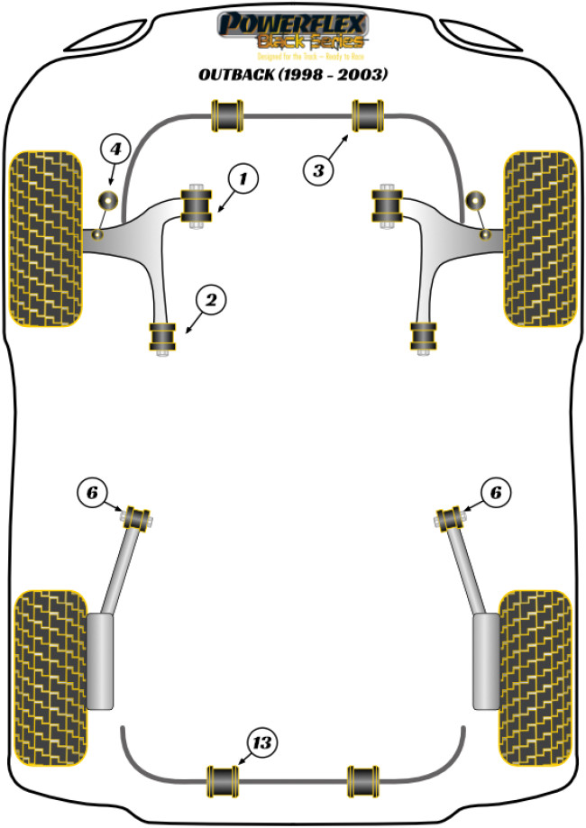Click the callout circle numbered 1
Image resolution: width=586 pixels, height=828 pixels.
point(241,179)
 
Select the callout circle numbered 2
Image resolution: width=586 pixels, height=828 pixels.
point(208,301)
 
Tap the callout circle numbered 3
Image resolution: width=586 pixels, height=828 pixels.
point(318,168)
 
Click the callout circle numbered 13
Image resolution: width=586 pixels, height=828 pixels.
point(261,743)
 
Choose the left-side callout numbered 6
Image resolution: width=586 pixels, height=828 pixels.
point(92,492)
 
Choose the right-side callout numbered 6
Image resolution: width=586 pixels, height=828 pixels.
point(495,492)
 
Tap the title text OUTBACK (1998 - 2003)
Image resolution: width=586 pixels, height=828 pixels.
point(293,75)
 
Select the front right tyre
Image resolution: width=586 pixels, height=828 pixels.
point(539,237)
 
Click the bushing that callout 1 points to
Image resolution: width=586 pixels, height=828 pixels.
point(197,206)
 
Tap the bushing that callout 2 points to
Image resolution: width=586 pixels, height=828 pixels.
point(163,338)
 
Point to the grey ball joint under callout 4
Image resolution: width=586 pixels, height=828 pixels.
point(109,200)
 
